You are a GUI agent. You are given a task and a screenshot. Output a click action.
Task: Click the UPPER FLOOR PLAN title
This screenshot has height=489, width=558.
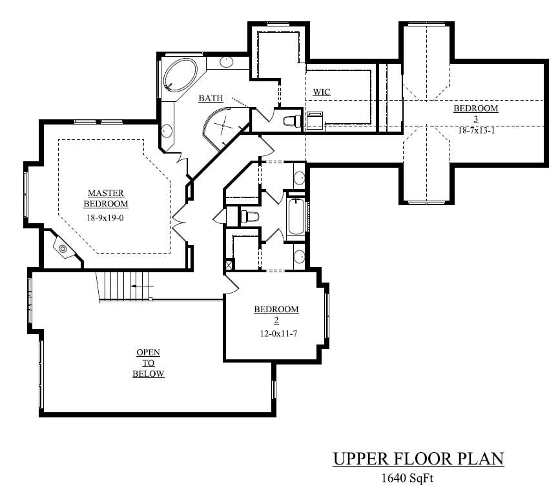click(x=418, y=459)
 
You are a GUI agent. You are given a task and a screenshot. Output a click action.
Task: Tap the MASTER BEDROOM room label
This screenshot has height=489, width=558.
click(x=106, y=199)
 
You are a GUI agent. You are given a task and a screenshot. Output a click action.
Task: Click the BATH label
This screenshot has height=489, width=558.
click(x=211, y=99)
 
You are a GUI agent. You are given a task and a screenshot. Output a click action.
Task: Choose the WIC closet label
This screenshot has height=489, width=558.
click(x=321, y=92)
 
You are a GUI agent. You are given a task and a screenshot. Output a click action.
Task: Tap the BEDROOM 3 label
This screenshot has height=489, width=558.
click(x=475, y=114)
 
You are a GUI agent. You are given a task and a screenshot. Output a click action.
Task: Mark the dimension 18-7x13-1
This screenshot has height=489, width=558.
click(x=475, y=130)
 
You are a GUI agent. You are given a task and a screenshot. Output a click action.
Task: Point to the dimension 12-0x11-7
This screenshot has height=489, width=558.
click(x=276, y=334)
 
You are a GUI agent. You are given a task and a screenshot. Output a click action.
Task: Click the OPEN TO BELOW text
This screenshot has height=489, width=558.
click(x=148, y=363)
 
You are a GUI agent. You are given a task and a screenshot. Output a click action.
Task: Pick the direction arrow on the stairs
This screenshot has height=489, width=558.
click(x=141, y=284)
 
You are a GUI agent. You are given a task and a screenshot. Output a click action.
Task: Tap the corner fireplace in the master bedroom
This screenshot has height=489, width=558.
click(x=63, y=247)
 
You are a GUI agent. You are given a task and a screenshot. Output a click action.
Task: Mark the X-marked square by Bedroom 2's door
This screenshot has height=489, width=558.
click(x=229, y=265)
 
